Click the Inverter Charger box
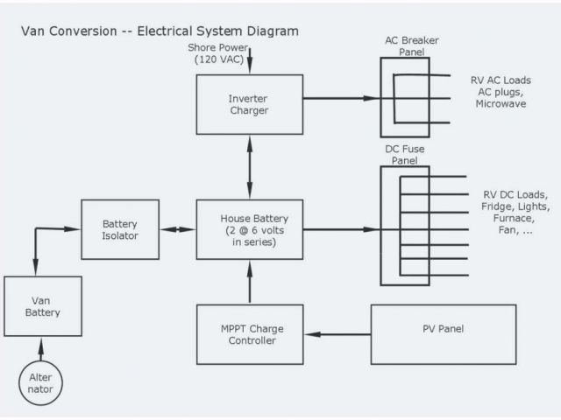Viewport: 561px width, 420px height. pos(250,104)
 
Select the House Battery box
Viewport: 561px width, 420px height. pos(250,229)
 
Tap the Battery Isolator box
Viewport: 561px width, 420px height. pos(120,229)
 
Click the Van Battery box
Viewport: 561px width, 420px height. pos(43,306)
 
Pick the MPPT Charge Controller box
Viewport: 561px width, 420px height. pos(250,334)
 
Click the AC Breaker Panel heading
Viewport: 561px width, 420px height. pos(411,45)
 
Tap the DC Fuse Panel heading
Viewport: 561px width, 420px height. pos(405,155)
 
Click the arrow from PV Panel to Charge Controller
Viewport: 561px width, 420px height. pos(339,334)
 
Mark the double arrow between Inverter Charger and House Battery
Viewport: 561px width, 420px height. pos(250,168)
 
